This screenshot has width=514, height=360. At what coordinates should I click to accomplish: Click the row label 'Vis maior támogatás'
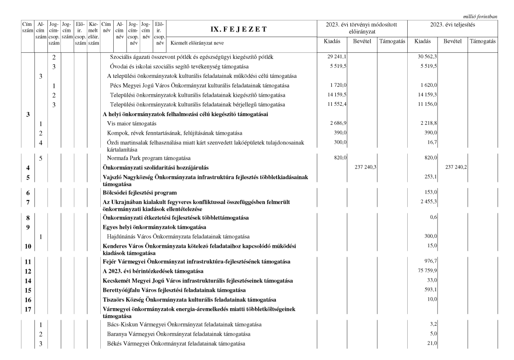click(x=132, y=123)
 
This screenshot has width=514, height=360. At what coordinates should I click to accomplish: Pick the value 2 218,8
click(x=429, y=123)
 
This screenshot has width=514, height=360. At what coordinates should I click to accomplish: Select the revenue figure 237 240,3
click(x=363, y=168)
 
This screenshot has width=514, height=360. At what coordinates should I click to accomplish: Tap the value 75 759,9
click(x=428, y=271)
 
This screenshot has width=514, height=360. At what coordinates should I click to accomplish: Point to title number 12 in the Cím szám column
click(x=27, y=271)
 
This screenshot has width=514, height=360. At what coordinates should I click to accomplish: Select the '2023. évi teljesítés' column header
click(x=453, y=24)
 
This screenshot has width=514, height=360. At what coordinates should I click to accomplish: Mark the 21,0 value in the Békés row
click(x=432, y=344)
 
